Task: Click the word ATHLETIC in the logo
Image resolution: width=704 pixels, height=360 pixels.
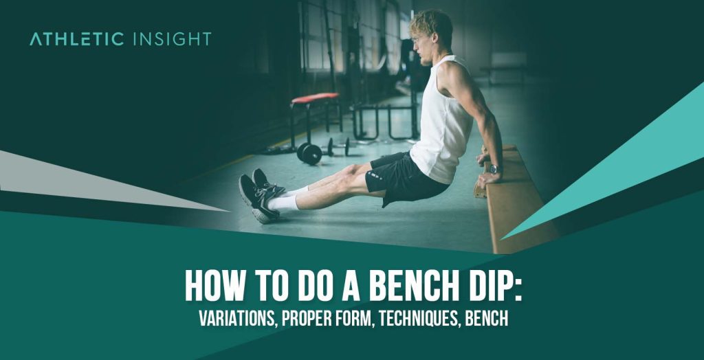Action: (x=76, y=39)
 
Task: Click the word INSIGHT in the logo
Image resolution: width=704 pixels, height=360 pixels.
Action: (x=169, y=39)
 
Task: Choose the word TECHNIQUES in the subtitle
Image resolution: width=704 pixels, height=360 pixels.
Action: (x=419, y=319)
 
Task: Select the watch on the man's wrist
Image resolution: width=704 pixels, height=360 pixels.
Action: (x=495, y=169)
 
